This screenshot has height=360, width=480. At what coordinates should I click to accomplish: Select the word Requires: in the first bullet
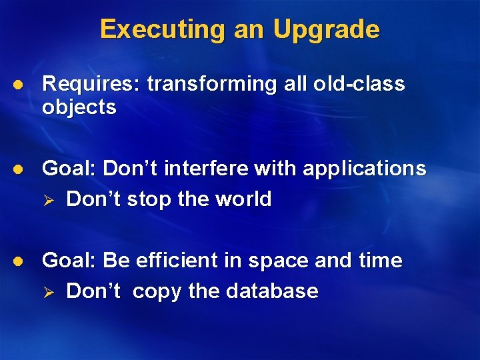click(91, 84)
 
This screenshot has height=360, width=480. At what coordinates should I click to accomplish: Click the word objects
click(79, 107)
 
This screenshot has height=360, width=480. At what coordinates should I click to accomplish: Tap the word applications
click(364, 169)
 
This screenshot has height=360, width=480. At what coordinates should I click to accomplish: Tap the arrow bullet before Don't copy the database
click(49, 292)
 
